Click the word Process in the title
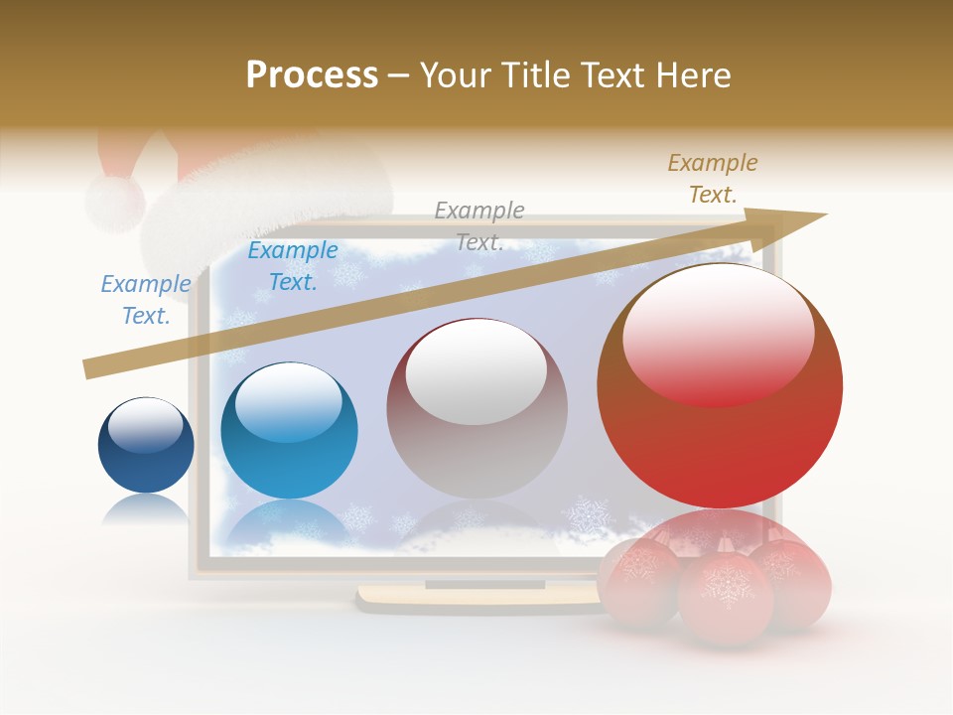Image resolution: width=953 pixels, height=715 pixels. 312,75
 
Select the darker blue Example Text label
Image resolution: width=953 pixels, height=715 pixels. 293,266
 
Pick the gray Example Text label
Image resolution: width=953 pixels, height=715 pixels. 479,225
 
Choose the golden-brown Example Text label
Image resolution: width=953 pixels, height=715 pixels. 713,179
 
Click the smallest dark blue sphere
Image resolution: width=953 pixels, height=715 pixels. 146,446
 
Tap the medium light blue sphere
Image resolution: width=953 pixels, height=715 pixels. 289,431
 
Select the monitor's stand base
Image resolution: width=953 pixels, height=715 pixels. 476,597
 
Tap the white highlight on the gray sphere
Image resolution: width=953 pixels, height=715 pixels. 476,372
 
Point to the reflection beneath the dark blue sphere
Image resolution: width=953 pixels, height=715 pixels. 145,508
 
